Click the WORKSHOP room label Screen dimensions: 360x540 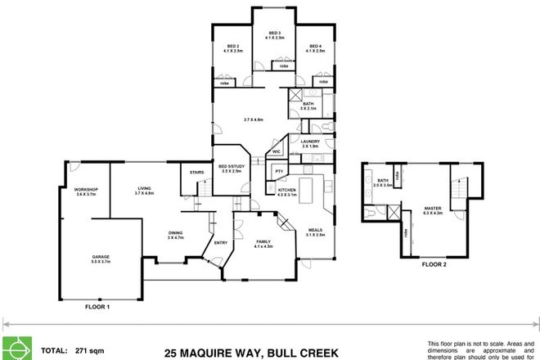tap(86, 190)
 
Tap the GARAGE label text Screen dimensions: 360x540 tap(101, 257)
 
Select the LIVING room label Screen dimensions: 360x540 tap(145, 190)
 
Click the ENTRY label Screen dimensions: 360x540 tap(220, 242)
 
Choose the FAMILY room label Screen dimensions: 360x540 tap(264, 242)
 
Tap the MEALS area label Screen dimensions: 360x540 tap(316, 231)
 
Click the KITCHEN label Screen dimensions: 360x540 tap(286, 190)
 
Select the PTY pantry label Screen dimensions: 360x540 tap(279, 171)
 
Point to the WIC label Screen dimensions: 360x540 tap(277, 151)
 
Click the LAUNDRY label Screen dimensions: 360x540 tap(309, 142)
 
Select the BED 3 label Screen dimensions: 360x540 tap(274, 34)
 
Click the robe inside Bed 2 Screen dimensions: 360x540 tap(224, 82)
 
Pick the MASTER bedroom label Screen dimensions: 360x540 tap(432, 209)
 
